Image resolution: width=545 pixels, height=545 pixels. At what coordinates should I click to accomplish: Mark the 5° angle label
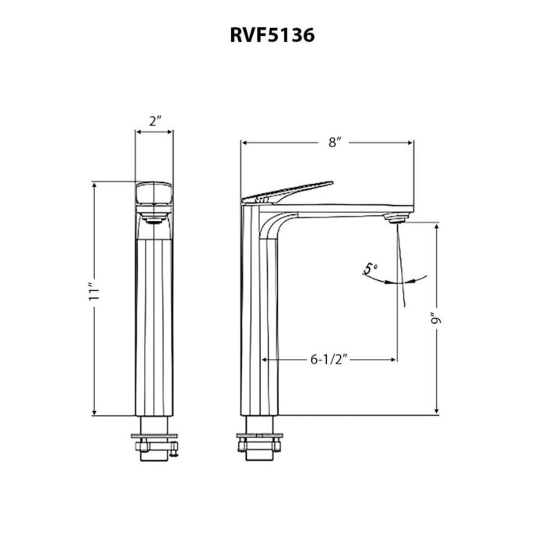[x=371, y=269]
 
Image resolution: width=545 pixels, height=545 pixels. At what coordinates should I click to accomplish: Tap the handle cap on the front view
[x=155, y=195]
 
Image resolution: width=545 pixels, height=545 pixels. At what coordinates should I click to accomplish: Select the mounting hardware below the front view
[x=155, y=440]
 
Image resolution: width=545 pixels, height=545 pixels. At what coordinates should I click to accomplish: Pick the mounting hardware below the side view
[x=259, y=440]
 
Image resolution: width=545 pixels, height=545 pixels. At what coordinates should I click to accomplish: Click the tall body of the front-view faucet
[x=155, y=327]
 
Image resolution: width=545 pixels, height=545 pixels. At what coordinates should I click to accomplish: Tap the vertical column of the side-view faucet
[x=259, y=327]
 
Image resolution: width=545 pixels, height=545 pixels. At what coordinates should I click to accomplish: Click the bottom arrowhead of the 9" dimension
[x=437, y=412]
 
